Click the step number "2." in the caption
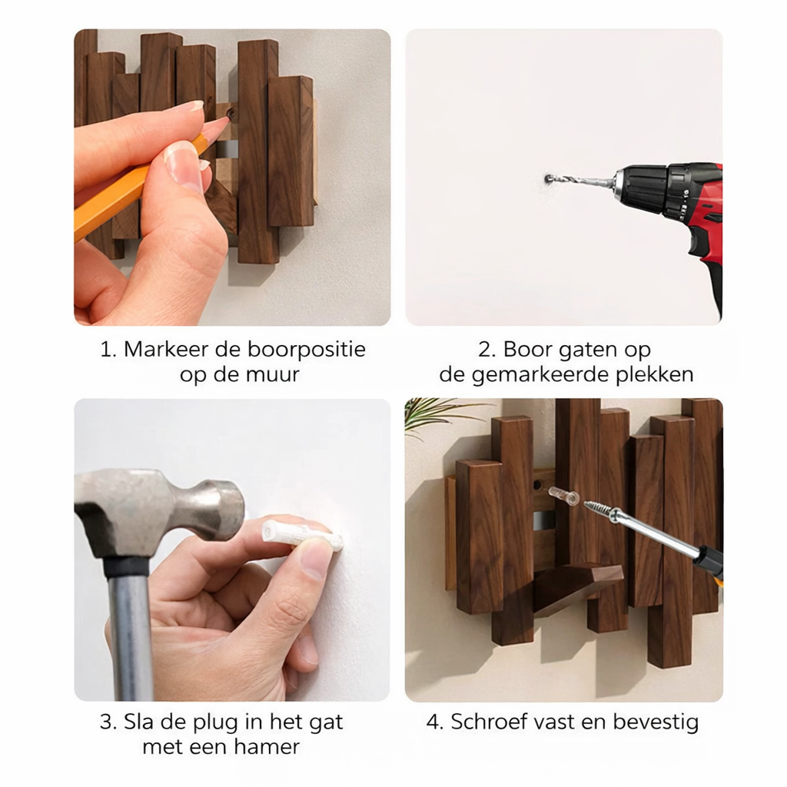(x=486, y=350)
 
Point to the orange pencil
(x=115, y=196)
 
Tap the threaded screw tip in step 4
(x=599, y=510)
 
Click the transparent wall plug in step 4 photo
(x=563, y=496)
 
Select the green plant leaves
(x=435, y=413)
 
